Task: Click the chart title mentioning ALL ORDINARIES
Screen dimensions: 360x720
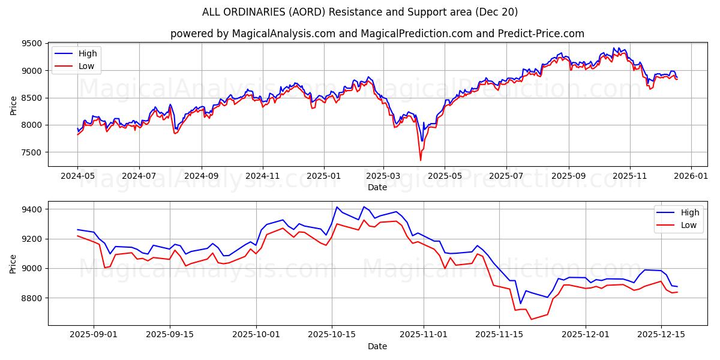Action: (360, 12)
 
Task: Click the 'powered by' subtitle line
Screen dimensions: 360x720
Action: (377, 34)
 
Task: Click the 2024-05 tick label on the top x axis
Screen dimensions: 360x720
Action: (77, 177)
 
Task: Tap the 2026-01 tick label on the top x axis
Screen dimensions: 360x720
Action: (691, 177)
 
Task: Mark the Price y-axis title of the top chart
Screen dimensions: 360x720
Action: (13, 105)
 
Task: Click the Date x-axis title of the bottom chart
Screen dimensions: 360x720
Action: (377, 346)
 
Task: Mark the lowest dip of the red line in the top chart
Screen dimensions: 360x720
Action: (420, 160)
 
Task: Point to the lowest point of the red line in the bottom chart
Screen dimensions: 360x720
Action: (531, 319)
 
